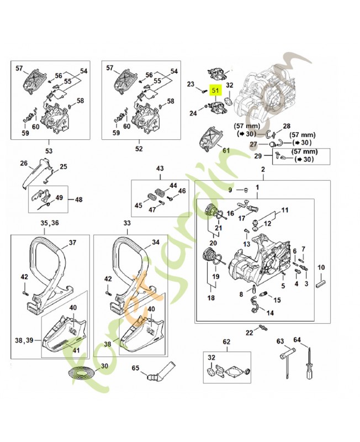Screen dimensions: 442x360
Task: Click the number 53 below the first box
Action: tap(49, 149)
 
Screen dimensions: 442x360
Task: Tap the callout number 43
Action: tap(160, 168)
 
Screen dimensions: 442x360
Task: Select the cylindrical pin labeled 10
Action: tap(320, 282)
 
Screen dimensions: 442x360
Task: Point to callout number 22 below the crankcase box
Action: tap(249, 332)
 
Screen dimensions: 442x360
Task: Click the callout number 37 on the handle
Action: tap(72, 243)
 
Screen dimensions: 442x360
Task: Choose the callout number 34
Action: tap(155, 242)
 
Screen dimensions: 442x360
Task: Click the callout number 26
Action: tap(23, 164)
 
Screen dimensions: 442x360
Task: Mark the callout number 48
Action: tap(78, 199)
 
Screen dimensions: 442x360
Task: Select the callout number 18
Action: tap(210, 298)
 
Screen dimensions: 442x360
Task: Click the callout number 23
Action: tap(191, 85)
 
